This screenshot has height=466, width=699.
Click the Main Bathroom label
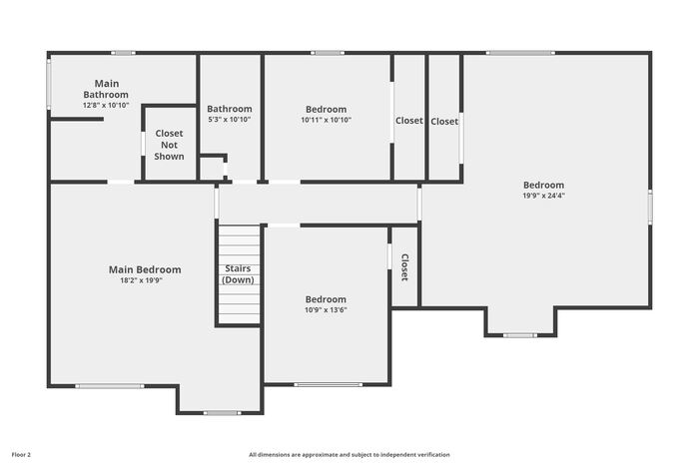tap(106, 89)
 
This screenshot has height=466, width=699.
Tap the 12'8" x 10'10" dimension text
tap(106, 105)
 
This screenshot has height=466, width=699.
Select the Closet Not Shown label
tap(169, 145)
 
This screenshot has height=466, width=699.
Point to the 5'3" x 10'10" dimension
tap(230, 120)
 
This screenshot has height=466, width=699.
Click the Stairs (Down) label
tap(238, 274)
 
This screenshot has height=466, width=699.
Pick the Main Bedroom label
tap(145, 269)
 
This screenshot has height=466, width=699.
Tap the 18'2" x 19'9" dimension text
tap(142, 280)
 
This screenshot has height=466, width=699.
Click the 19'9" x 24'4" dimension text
tap(544, 196)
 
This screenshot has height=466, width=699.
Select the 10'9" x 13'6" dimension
tap(326, 310)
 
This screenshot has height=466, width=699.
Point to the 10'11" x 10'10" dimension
tap(326, 120)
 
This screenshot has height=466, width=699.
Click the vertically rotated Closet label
tap(404, 267)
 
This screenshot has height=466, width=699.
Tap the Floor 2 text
tap(21, 455)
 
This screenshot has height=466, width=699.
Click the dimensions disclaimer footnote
tap(349, 455)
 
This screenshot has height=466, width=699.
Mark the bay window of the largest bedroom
tap(520, 335)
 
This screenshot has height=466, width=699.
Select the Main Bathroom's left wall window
tap(49, 84)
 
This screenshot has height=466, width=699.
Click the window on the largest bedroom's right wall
tap(650, 207)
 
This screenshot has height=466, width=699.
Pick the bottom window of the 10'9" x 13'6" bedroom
tap(329, 384)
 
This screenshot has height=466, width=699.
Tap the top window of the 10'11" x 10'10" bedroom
tap(328, 53)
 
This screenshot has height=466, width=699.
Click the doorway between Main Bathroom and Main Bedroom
tap(121, 182)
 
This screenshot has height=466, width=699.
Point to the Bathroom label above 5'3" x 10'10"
tap(230, 109)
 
